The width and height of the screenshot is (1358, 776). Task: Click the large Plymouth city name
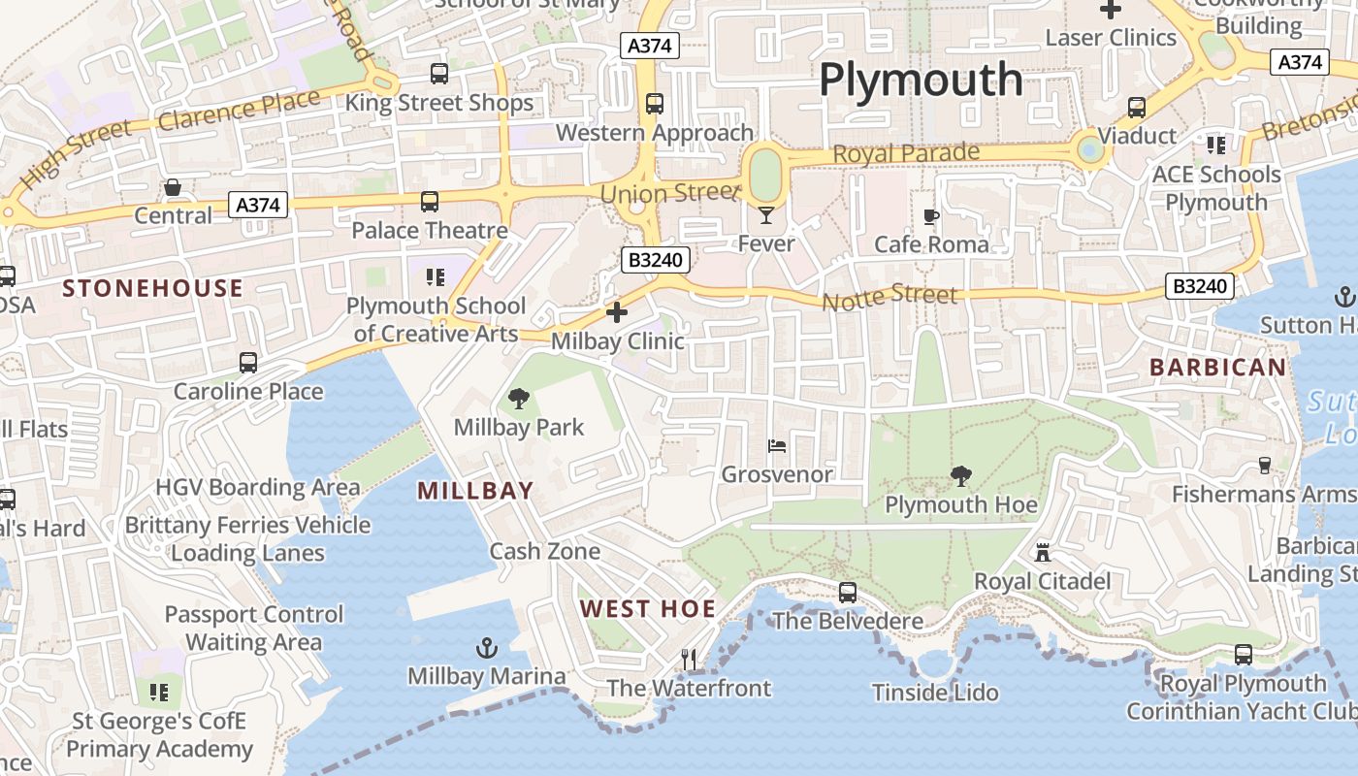[921, 81]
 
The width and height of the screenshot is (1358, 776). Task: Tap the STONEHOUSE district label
[152, 288]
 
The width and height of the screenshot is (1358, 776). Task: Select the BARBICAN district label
[1217, 368]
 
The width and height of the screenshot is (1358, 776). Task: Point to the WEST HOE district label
[648, 609]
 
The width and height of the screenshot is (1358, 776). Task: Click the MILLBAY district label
[475, 491]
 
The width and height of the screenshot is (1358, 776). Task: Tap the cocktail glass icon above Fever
[766, 214]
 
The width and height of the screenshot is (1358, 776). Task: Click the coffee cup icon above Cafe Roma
[931, 216]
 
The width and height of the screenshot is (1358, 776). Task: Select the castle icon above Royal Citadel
[1043, 552]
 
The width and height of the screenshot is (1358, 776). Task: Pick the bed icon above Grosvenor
[777, 446]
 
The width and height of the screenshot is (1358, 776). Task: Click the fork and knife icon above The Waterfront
[689, 660]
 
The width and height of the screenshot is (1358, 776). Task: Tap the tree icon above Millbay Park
[519, 398]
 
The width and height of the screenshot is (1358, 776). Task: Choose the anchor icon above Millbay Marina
[486, 647]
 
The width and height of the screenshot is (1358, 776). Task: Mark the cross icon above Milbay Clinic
[617, 312]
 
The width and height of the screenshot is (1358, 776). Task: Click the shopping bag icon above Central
[173, 187]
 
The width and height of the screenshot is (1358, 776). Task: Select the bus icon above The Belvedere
[848, 592]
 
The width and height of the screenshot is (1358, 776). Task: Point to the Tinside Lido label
[935, 693]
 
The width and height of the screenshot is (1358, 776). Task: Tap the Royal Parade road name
[906, 153]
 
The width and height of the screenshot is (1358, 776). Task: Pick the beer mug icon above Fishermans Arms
[1264, 466]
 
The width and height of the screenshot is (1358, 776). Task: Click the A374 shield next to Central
[258, 205]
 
